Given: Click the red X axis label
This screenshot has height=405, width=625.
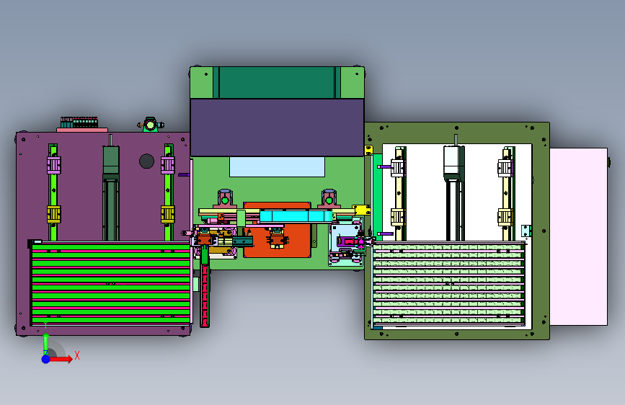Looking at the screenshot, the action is (77, 355).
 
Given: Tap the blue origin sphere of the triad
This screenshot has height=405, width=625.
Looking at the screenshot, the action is (46, 359).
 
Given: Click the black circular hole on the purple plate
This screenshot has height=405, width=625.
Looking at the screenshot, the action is (146, 161).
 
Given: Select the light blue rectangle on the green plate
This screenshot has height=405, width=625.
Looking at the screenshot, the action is (277, 166).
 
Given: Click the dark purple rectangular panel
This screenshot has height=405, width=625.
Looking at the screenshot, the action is (277, 128).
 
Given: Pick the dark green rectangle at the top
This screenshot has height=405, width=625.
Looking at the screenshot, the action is (277, 83).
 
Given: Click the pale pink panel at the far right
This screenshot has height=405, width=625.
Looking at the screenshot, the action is (579, 237).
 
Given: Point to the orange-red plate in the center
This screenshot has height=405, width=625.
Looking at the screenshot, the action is (277, 230).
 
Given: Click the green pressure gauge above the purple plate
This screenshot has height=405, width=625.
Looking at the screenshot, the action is (150, 125).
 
